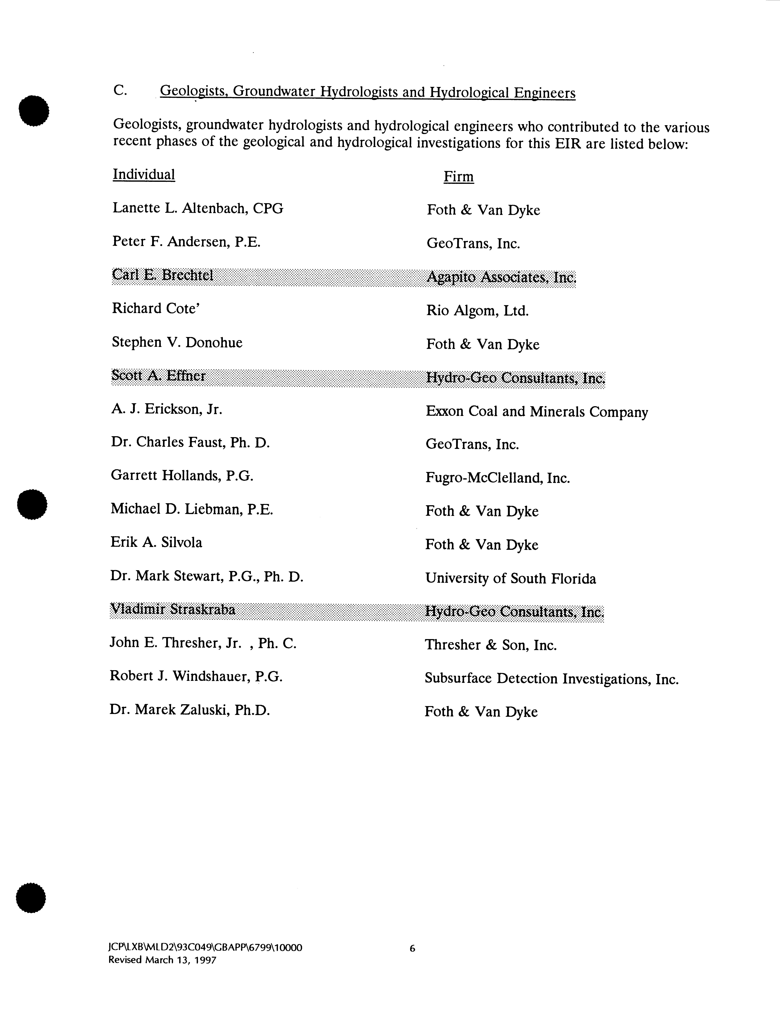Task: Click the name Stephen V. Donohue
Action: click(x=177, y=342)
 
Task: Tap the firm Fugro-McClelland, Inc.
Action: click(x=497, y=478)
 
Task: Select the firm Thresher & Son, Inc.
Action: click(x=490, y=645)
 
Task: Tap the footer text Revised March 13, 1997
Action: click(x=162, y=960)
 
